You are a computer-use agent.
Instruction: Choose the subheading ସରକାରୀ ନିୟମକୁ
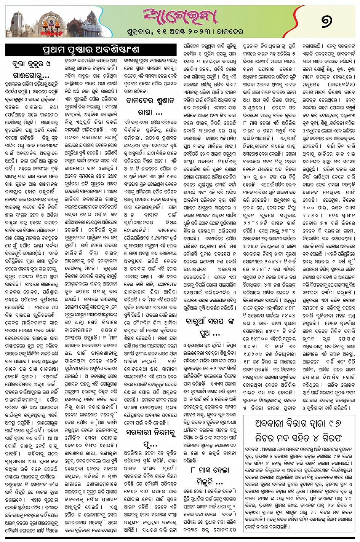152,432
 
